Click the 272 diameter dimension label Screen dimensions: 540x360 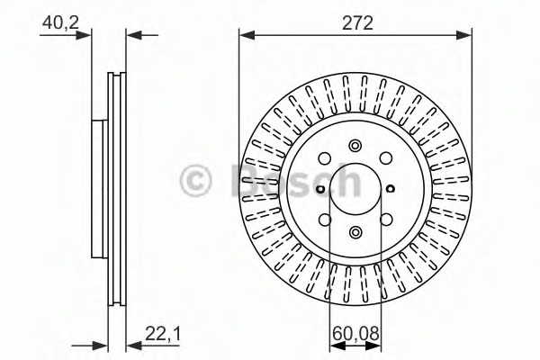357,23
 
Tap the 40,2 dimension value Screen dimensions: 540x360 60,23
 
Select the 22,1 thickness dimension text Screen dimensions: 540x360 163,334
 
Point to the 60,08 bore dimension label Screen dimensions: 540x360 355,333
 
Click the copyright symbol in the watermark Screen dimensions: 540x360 195,181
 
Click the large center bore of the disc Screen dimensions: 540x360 355,189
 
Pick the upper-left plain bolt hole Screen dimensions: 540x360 324,158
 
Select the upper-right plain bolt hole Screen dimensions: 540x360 386,158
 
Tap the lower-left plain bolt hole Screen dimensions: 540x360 325,220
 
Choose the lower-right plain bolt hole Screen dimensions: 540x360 386,220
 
